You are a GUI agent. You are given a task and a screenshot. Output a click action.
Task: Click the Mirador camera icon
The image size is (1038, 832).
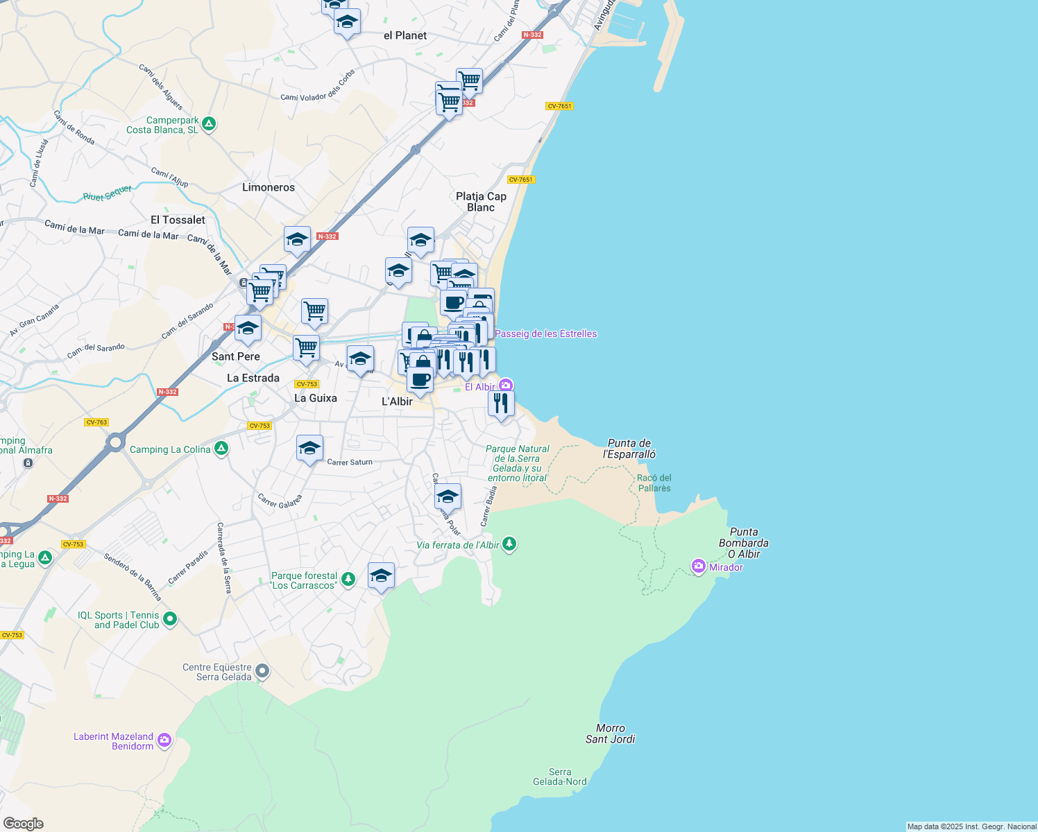click(x=698, y=566)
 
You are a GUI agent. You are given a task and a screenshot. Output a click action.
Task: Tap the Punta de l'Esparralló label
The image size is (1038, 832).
click(x=629, y=449)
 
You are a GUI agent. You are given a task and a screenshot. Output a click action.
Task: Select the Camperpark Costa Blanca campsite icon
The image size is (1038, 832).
click(x=209, y=125)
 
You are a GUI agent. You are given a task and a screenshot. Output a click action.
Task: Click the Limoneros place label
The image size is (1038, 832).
click(x=269, y=187)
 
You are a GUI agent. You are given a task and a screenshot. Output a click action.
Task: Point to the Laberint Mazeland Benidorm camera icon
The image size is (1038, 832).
click(x=164, y=740)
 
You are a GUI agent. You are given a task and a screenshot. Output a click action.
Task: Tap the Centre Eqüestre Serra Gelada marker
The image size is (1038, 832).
click(x=262, y=671)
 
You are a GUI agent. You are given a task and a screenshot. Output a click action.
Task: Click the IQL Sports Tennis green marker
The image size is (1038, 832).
click(x=170, y=619)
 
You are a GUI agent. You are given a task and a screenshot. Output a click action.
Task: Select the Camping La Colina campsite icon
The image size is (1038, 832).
click(x=221, y=449)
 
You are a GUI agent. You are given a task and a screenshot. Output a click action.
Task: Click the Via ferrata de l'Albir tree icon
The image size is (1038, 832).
click(x=509, y=544)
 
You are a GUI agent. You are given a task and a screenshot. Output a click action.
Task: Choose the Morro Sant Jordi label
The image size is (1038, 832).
click(x=611, y=734)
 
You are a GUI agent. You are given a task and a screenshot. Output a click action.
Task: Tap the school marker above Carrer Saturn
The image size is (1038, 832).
click(x=309, y=448)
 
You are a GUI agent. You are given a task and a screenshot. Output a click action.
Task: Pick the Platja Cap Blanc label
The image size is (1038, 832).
click(x=481, y=202)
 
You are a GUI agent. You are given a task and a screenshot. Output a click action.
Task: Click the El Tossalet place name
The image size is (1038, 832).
click(x=178, y=220)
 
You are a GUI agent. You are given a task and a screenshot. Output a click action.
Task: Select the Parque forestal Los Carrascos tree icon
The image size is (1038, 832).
click(x=348, y=579)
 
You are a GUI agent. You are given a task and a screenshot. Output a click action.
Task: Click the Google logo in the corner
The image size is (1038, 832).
click(x=24, y=823)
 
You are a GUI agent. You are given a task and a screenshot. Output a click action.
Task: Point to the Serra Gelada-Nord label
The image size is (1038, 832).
click(x=560, y=777)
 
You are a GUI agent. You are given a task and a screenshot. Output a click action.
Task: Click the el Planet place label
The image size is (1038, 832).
click(x=405, y=35)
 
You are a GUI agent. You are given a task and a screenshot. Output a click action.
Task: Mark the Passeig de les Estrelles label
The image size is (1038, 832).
click(x=545, y=333)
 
